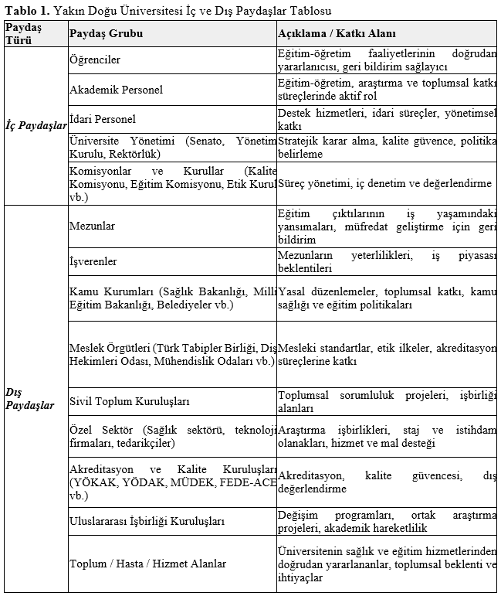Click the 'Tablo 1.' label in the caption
[x=27, y=11]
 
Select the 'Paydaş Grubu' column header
[x=106, y=34]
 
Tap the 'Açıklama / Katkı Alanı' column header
[x=337, y=34]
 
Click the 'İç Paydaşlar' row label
[x=36, y=126]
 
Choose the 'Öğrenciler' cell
[x=95, y=60]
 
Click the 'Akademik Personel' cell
[x=116, y=90]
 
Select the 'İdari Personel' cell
[x=102, y=119]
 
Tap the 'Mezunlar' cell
[x=92, y=226]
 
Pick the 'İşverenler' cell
[x=93, y=261]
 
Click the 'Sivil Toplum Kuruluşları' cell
[x=130, y=402]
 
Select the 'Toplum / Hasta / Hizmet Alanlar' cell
[x=147, y=564]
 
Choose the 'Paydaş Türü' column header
[x=23, y=34]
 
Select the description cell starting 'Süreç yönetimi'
[x=384, y=183]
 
